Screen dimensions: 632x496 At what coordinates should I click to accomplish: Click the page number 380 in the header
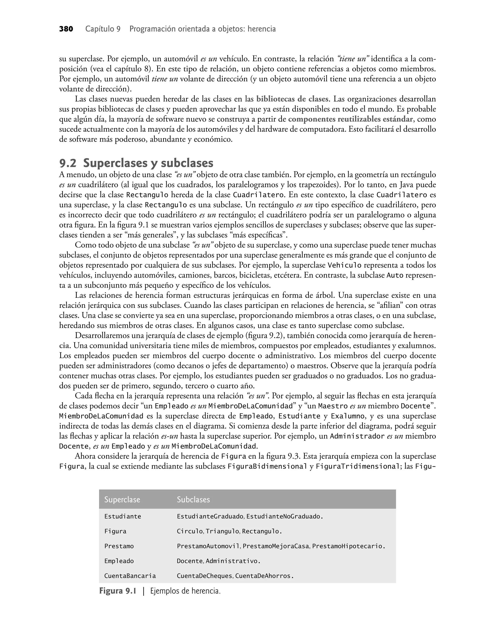click(x=66, y=29)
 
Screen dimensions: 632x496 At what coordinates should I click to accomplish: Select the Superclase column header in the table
click(x=122, y=499)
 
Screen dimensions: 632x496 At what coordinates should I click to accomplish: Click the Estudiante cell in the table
click(x=123, y=517)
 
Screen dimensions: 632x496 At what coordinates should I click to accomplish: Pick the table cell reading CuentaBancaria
click(x=130, y=576)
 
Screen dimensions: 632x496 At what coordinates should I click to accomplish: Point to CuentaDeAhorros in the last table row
click(x=264, y=576)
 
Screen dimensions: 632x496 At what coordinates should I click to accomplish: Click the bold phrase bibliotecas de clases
click(x=292, y=99)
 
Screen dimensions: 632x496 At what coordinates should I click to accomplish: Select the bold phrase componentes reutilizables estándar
click(x=350, y=119)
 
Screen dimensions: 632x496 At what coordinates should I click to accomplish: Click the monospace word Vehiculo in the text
click(x=344, y=265)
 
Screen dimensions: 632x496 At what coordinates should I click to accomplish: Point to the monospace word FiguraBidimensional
click(x=267, y=467)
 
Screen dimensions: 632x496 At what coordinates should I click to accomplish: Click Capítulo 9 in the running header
click(x=103, y=29)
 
